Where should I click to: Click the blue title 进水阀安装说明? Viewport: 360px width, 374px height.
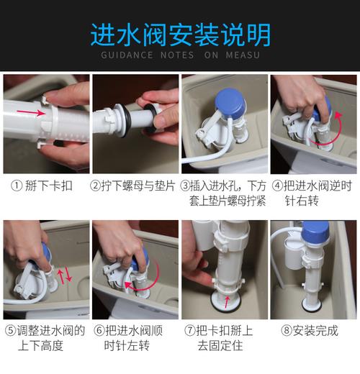point(180,34)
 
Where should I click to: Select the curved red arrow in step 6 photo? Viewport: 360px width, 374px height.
point(141,289)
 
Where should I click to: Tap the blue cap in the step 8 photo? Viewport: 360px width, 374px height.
point(316,233)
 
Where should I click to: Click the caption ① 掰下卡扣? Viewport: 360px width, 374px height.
point(45,185)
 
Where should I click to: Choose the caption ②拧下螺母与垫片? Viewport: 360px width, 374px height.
point(135,185)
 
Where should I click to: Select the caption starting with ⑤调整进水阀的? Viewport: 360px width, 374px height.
point(45,338)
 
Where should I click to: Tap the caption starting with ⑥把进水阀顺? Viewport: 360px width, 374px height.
point(135,338)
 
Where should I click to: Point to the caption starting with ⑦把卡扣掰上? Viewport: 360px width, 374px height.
point(223,338)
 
